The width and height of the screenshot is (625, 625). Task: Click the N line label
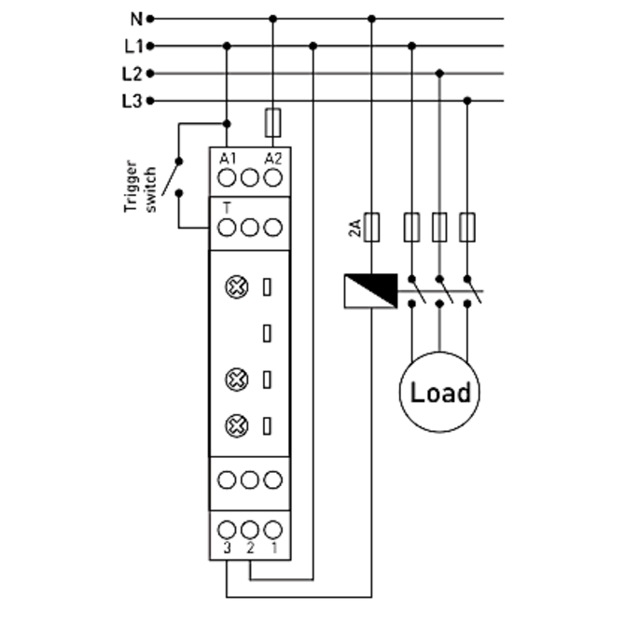point(135,18)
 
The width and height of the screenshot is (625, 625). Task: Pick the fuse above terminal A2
point(272,121)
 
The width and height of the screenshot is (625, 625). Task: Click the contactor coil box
point(370,291)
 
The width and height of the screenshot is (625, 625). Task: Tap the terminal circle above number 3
point(227,528)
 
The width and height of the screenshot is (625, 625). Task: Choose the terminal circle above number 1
point(272,528)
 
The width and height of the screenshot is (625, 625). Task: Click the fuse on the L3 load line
point(468,227)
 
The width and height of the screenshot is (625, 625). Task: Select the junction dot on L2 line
point(439,73)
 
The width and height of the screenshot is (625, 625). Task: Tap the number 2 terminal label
point(250,549)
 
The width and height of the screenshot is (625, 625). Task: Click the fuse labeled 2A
point(371,227)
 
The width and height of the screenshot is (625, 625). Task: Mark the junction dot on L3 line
point(468,101)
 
